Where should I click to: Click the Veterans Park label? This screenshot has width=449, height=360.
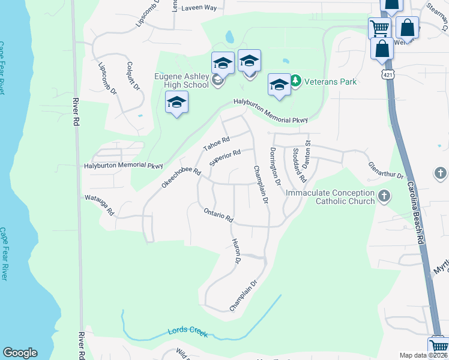(330, 82)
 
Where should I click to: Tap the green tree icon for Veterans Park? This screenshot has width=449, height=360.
(295, 80)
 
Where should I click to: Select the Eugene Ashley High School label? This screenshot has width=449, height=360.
(181, 80)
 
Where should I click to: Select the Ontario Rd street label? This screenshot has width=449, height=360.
(218, 215)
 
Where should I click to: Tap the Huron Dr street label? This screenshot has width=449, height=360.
(236, 252)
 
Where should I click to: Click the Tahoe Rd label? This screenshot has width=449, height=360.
(216, 144)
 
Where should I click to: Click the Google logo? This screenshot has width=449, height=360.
(20, 353)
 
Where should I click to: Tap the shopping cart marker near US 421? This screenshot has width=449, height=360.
(379, 27)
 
